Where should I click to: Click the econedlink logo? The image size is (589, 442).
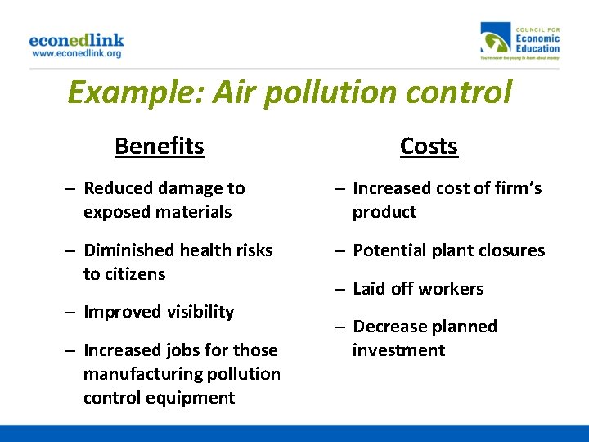pos(77,40)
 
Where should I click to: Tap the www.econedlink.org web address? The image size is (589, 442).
pos(77,54)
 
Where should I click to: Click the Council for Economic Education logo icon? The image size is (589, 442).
pos(495,40)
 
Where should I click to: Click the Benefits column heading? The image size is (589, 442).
pos(160,146)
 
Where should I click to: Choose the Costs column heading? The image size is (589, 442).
pos(429,146)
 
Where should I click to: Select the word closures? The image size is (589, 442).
pos(511,250)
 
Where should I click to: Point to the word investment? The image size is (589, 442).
pos(398,350)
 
